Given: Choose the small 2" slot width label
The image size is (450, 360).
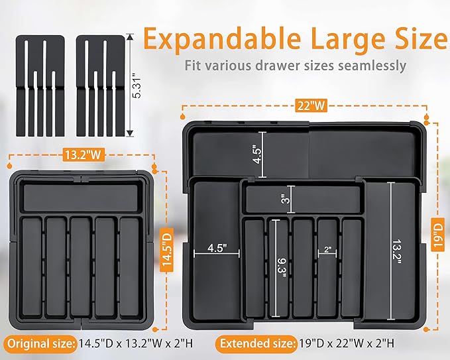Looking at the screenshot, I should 327,250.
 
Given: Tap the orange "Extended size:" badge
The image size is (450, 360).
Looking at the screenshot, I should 254,343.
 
